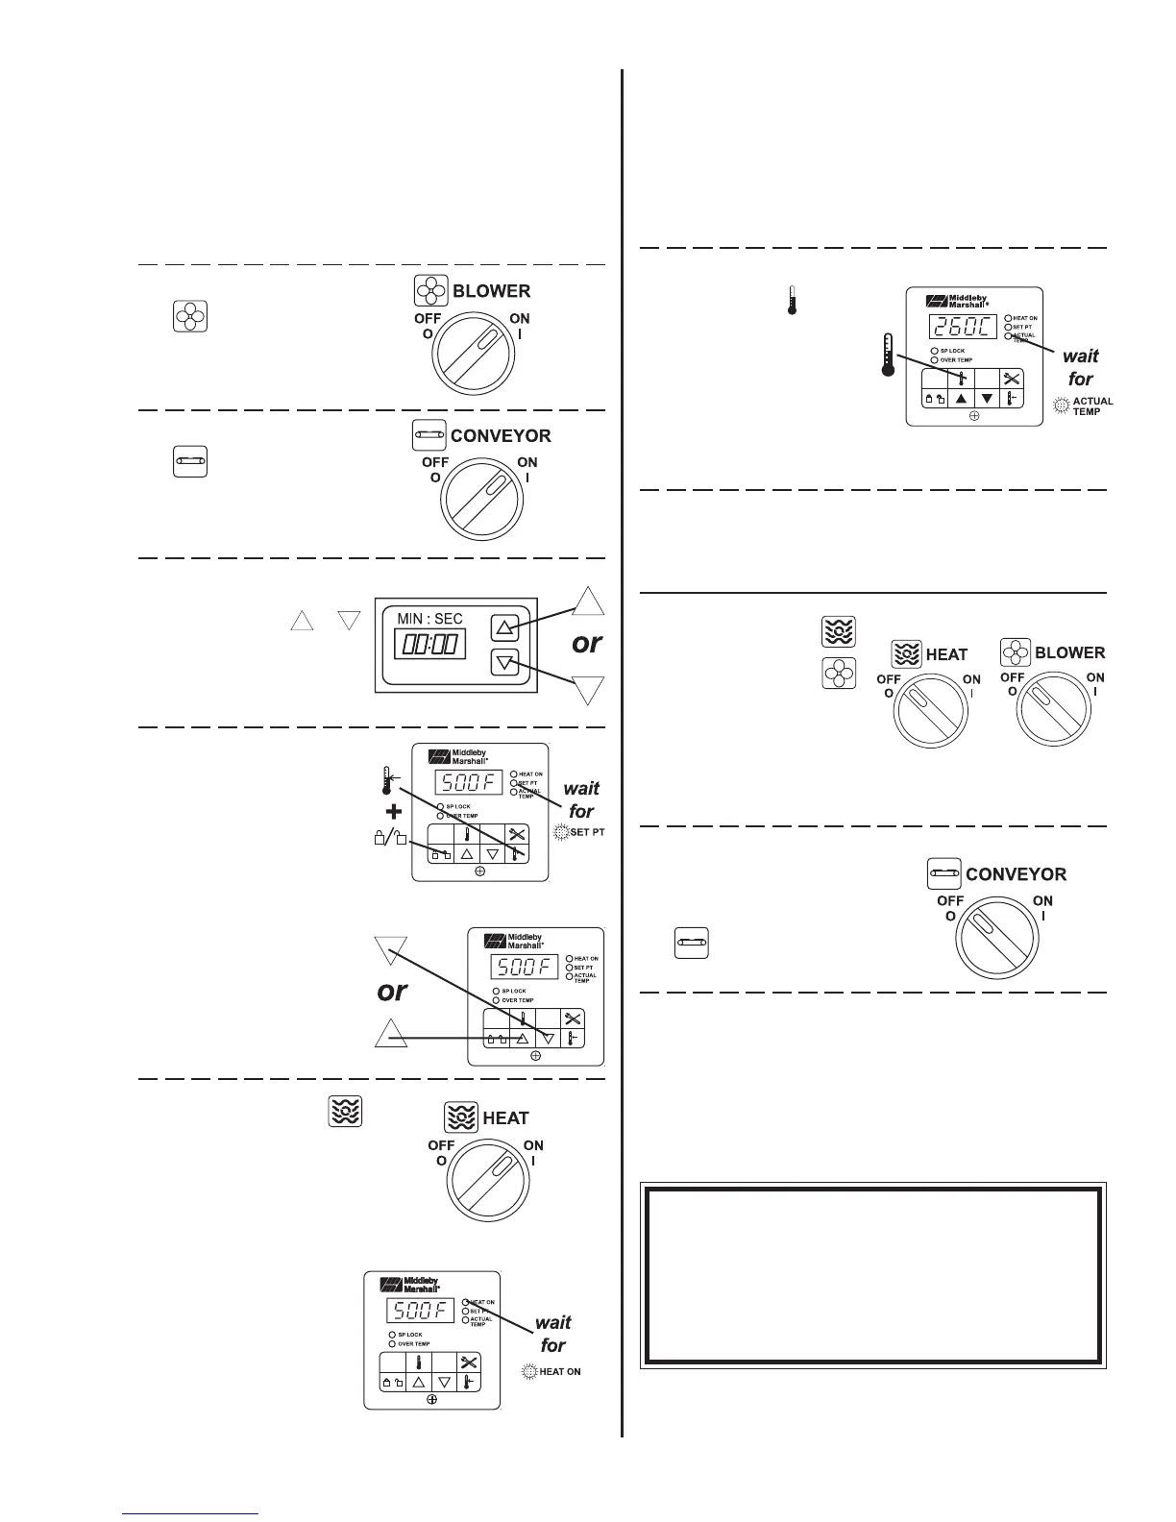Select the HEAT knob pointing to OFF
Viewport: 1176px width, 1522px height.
(932, 714)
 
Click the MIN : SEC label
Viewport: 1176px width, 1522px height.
(430, 618)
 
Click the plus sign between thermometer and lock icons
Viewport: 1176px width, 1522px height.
(393, 810)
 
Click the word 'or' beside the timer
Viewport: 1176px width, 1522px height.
(586, 643)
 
